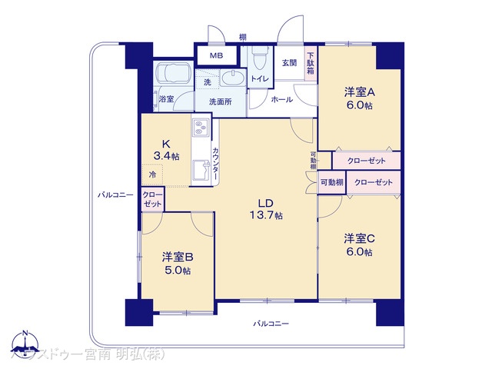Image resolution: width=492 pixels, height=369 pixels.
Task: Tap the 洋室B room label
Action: click(x=176, y=256)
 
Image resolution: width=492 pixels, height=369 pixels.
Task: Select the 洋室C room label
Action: click(x=358, y=238)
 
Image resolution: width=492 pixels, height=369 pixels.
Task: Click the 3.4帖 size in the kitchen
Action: click(x=166, y=156)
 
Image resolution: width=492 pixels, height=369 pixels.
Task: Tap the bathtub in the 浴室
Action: click(x=175, y=78)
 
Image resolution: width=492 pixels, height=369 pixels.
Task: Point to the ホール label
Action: click(x=280, y=100)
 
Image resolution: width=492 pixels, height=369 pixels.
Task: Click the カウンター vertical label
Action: click(x=216, y=164)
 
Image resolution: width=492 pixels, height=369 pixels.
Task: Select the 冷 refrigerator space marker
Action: click(x=152, y=176)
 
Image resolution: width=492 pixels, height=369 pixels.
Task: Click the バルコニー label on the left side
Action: click(x=115, y=194)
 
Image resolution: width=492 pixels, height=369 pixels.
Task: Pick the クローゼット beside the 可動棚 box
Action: click(x=374, y=182)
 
